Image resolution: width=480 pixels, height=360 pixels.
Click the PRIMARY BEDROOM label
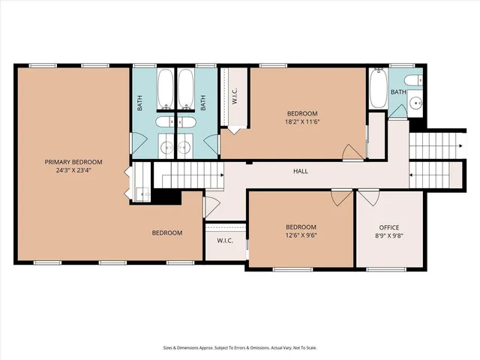pos(73,162)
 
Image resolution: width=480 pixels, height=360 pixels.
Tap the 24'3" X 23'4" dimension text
pos(73,170)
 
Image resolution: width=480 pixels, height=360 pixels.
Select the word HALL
pos(300,171)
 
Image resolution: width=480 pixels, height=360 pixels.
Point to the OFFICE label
pos(388,227)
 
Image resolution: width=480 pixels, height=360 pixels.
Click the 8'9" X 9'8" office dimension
pos(388,235)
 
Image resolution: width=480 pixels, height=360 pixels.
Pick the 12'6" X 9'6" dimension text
pos(300,235)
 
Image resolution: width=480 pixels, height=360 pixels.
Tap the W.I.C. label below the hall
pos(225,241)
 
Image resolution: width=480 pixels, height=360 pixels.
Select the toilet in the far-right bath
pos(412,80)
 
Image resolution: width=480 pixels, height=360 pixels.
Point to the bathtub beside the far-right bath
pos(377,88)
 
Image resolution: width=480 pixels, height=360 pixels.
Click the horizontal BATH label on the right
pos(397,92)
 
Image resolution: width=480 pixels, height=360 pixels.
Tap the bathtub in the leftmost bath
pos(166,90)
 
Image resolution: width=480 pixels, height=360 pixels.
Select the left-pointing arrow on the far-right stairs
pos(412,175)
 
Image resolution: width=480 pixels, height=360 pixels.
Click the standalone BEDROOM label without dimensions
pos(167,232)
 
